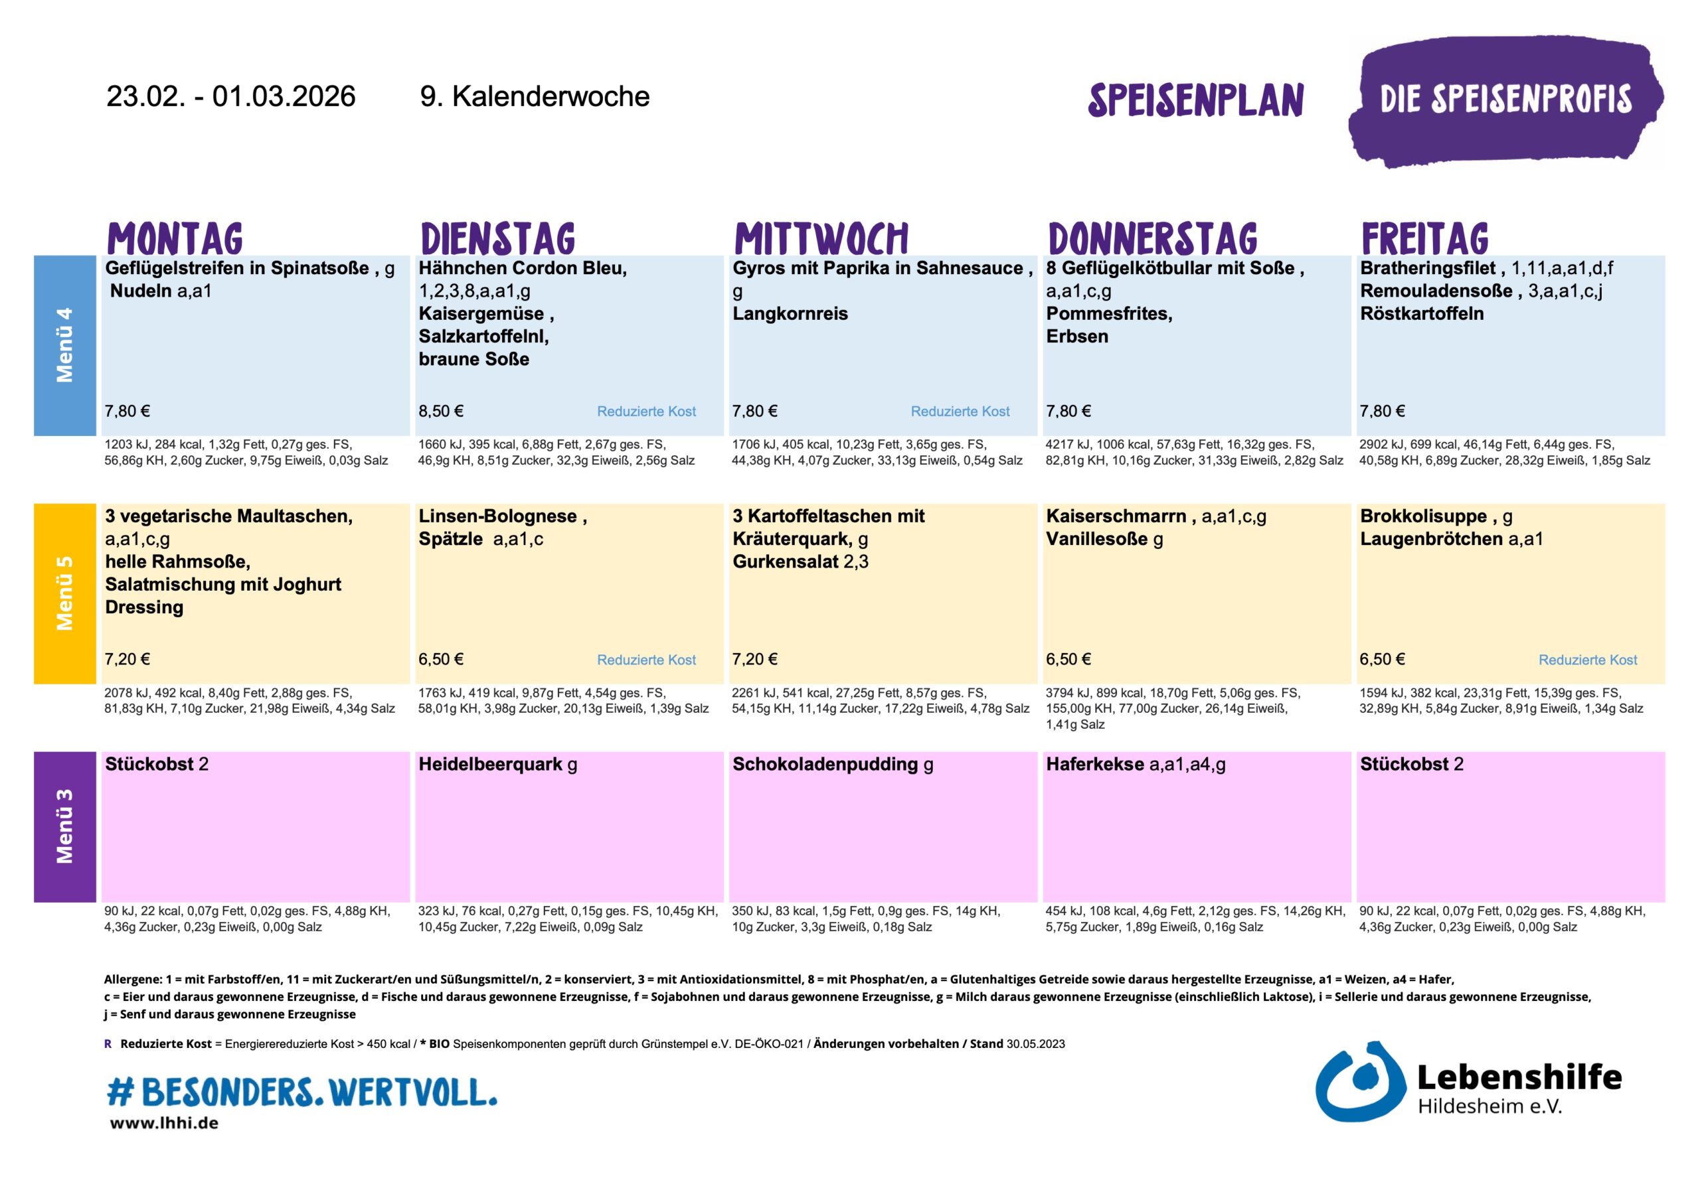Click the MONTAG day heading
(175, 238)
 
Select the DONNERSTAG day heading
(1152, 238)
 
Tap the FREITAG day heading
(1424, 238)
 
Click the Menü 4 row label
(65, 345)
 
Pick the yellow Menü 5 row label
(65, 593)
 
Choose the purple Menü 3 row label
(65, 826)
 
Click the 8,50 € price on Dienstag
(442, 411)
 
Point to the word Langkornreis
(790, 314)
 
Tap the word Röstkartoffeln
(1422, 314)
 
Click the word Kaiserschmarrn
(1116, 516)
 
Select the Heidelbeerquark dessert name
(490, 764)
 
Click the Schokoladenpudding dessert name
(825, 764)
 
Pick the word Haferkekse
(1094, 764)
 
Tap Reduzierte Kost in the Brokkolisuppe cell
(1588, 660)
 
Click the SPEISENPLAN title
(1195, 100)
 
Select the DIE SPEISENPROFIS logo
(1505, 100)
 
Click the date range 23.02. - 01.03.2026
(231, 96)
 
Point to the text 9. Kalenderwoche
(535, 96)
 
